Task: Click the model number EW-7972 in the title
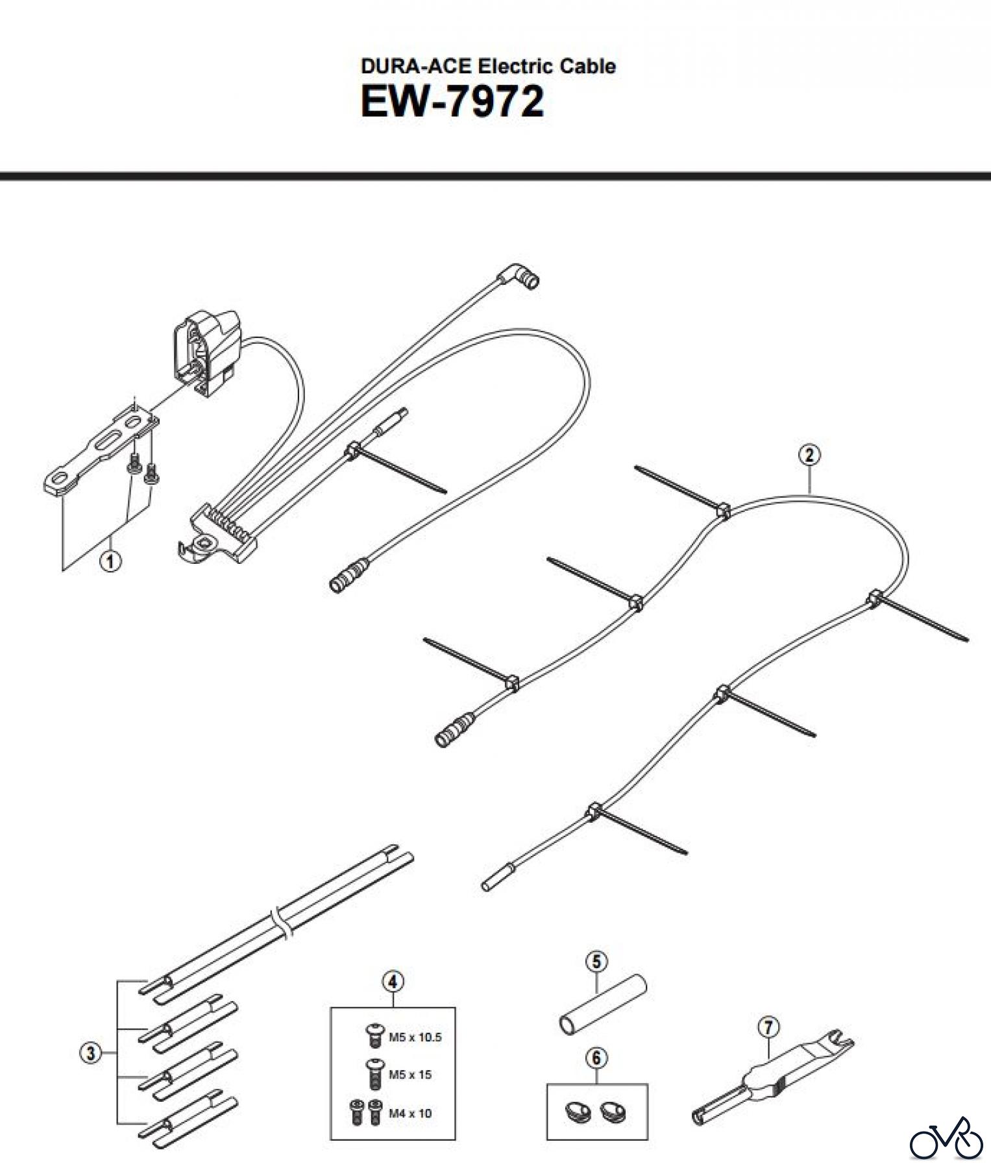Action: [452, 103]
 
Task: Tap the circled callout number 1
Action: [110, 561]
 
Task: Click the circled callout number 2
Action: [809, 455]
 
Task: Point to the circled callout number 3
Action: [90, 1054]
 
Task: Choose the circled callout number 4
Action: [393, 982]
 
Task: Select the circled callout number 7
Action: [768, 1028]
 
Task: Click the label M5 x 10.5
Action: [415, 1038]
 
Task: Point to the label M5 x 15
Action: [410, 1075]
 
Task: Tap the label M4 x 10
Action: [410, 1113]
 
